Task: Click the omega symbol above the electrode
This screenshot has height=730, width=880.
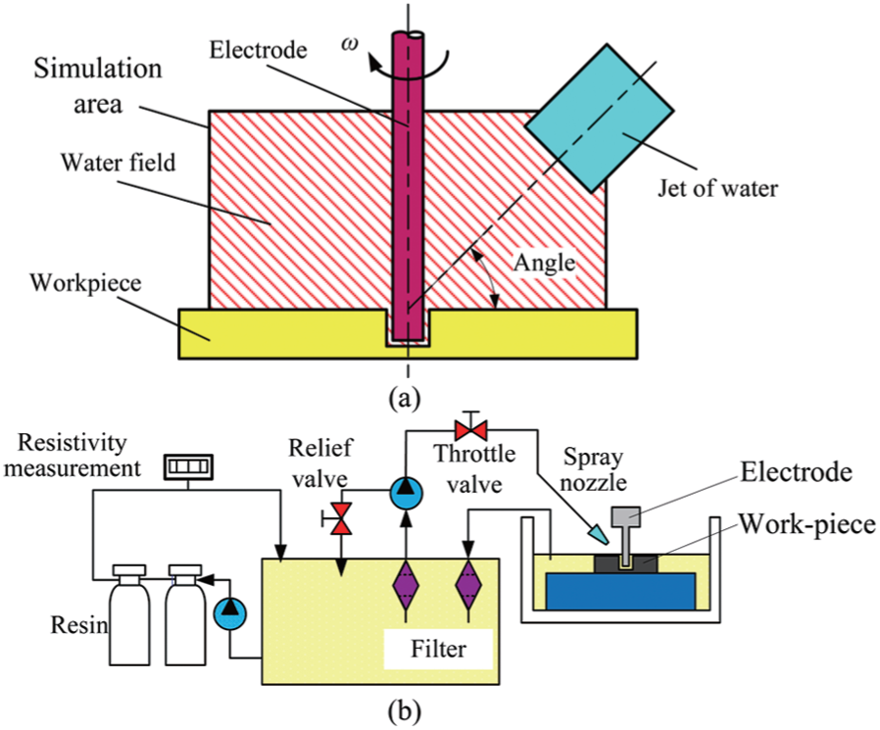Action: click(350, 44)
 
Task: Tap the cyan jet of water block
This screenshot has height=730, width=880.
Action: click(600, 118)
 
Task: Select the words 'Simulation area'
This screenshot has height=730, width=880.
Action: click(98, 86)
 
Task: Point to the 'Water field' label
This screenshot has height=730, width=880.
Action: click(119, 163)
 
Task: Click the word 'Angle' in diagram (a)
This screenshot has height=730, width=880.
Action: click(545, 264)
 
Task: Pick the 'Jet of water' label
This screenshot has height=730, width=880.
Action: click(717, 188)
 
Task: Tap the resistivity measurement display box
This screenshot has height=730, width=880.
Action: click(188, 466)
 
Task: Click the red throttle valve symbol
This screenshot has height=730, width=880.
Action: click(471, 431)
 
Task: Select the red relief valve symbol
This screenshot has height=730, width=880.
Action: click(339, 518)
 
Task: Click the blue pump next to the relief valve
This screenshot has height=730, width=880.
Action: click(406, 493)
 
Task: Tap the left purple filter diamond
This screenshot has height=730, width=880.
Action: click(406, 585)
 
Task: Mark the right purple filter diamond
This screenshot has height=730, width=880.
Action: click(468, 585)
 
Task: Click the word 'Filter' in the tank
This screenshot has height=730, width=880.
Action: click(438, 650)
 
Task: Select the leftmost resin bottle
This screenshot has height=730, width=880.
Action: click(129, 615)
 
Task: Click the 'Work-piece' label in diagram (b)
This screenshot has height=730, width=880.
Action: click(807, 524)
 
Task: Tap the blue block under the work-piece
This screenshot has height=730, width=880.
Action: click(620, 592)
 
